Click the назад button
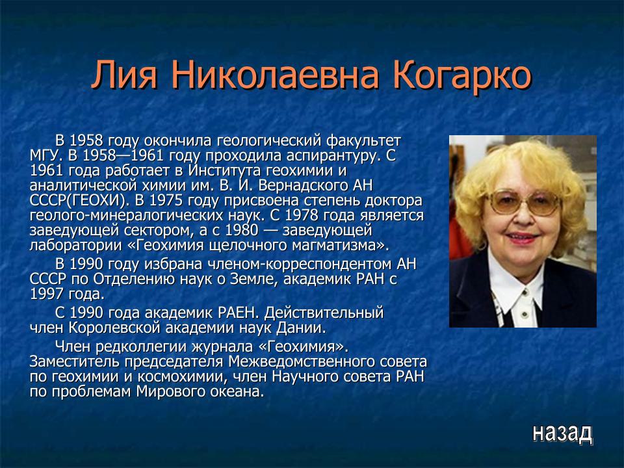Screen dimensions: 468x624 [x=562, y=432]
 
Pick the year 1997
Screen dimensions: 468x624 [x=45, y=294]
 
